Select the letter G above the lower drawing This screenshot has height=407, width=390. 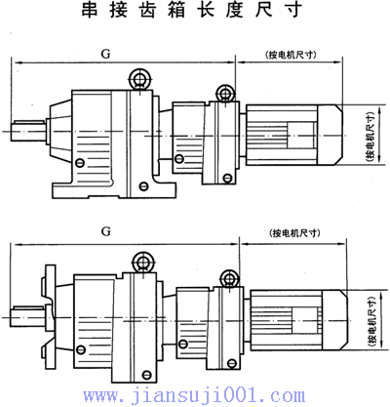(x=103, y=233)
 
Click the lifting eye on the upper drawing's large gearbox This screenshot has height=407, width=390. (x=136, y=78)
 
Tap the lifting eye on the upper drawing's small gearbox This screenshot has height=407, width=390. (x=224, y=93)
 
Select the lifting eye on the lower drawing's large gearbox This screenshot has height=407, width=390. (x=138, y=260)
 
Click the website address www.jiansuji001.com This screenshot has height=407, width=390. (x=195, y=394)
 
